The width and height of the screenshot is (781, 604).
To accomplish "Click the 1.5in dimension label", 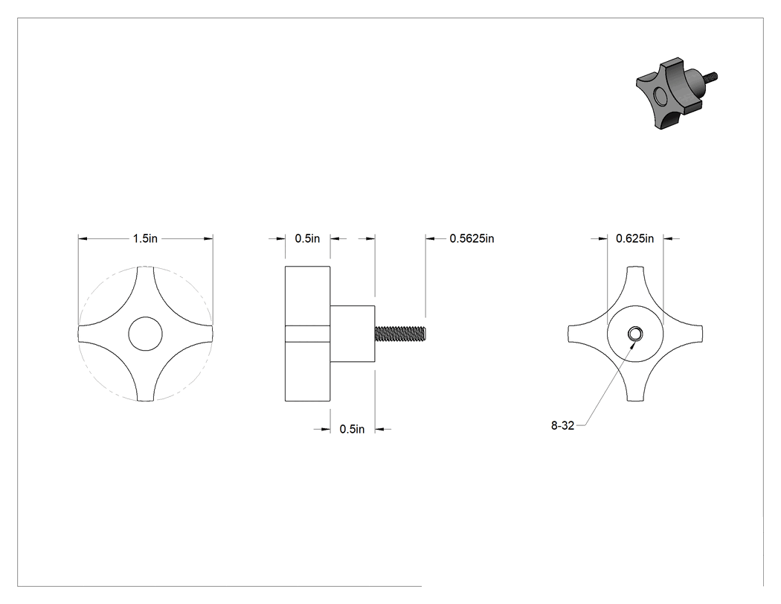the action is pos(145,239).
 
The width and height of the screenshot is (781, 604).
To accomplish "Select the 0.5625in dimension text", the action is pos(472,239).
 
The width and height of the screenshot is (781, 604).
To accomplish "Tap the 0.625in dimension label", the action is pos(634,239).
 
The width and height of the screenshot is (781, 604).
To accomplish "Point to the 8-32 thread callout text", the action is pos(562,425).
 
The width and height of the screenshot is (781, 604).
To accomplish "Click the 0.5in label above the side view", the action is pos(307,239).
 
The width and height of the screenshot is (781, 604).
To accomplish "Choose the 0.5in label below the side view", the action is pos(352,429).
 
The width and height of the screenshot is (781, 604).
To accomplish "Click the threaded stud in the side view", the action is pos(400,334).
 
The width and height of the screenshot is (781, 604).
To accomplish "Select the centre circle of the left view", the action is pos(146,334).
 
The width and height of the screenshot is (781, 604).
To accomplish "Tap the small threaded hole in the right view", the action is pos(635,334).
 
